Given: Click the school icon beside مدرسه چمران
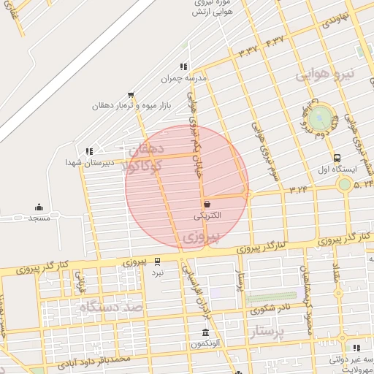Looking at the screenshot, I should pyautogui.click(x=183, y=66).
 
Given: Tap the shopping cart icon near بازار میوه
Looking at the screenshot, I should pyautogui.click(x=131, y=95).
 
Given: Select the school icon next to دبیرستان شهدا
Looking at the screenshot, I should pyautogui.click(x=89, y=152).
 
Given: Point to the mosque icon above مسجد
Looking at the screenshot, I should pyautogui.click(x=39, y=207).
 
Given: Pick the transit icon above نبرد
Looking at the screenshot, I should pyautogui.click(x=157, y=261).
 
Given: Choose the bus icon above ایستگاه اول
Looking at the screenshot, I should pyautogui.click(x=337, y=157).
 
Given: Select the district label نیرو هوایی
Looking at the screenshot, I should pyautogui.click(x=324, y=75).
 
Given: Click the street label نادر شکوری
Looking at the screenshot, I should pyautogui.click(x=268, y=309).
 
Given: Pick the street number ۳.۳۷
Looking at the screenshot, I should pyautogui.click(x=248, y=52).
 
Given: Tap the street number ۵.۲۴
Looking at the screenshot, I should pyautogui.click(x=363, y=185).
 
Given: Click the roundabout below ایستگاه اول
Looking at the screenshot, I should pyautogui.click(x=343, y=184).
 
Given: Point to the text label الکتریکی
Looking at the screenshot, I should pyautogui.click(x=209, y=217).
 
